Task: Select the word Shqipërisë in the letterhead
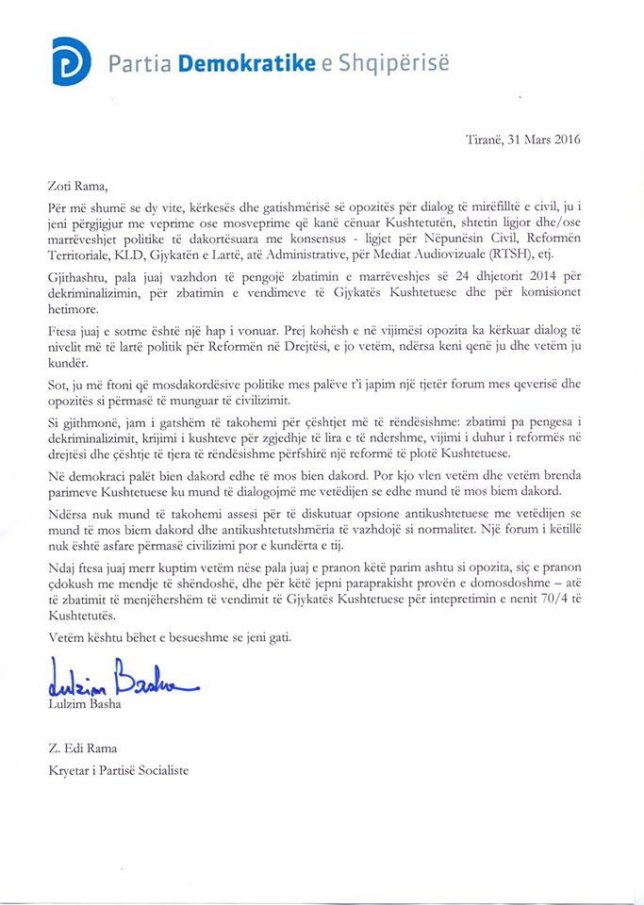tap(399, 63)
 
